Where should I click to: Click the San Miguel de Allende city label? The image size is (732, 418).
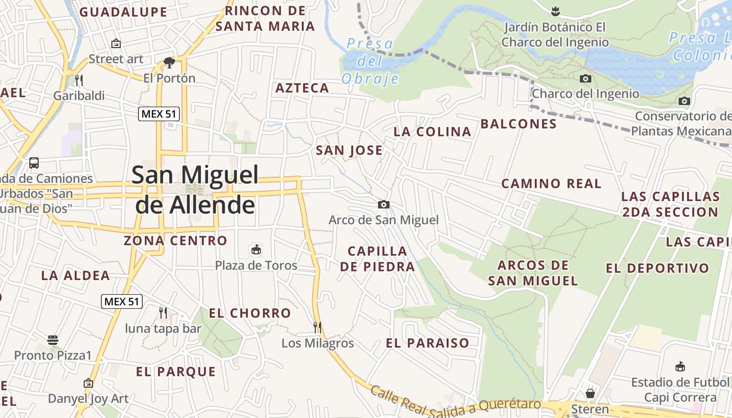coord(195,190)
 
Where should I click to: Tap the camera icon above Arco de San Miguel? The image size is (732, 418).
coord(384,204)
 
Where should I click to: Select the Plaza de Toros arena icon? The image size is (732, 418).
coord(256,249)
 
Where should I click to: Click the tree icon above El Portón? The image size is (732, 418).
coord(169,63)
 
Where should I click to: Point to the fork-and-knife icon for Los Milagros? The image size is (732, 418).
coord(317,328)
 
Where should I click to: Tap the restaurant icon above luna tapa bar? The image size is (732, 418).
coord(163,313)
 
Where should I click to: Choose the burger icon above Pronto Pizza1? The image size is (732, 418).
coord(53,340)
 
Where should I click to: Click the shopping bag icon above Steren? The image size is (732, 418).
coord(590,393)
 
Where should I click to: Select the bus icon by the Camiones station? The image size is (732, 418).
coord(34,163)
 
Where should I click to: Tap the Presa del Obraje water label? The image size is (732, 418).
coord(370,61)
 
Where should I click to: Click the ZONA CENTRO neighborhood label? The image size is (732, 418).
coord(175,241)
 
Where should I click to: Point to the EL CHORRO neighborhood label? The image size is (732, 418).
coord(250,313)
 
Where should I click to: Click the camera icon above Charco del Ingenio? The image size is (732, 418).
coord(586,79)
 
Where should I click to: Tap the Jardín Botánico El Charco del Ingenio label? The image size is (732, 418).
coord(555,35)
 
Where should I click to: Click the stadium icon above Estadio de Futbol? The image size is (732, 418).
coord(680,367)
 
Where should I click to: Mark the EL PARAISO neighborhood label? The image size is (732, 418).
coord(428,343)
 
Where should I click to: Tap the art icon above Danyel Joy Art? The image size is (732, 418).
coord(88,384)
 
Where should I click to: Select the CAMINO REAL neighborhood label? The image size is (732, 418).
coord(551,184)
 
